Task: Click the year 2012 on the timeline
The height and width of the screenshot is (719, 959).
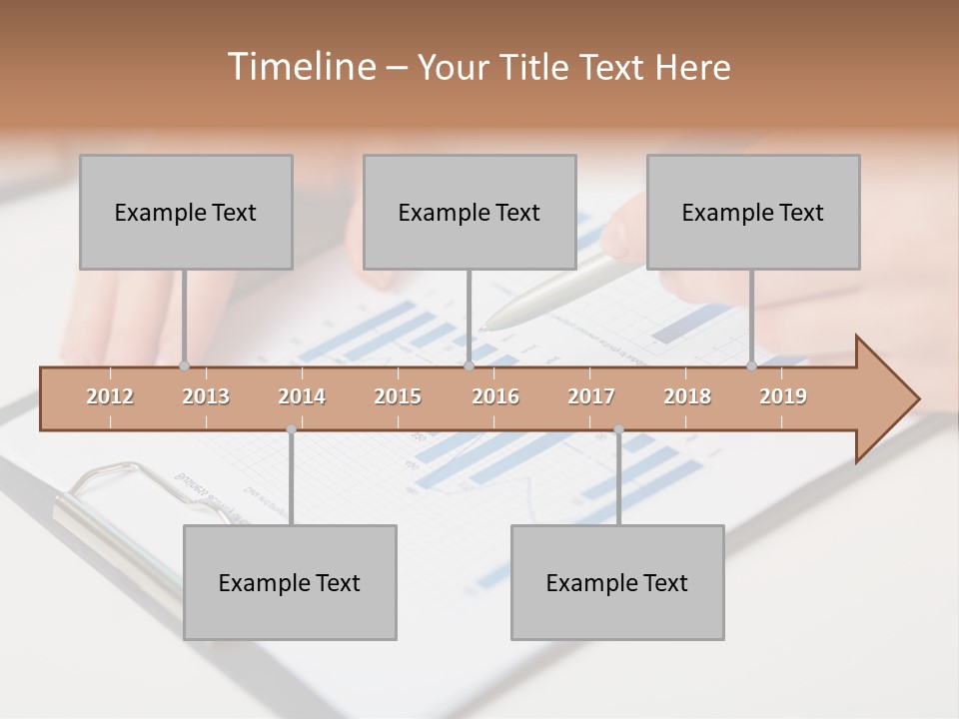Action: pos(110,396)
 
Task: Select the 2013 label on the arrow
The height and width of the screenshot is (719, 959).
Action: pos(206,396)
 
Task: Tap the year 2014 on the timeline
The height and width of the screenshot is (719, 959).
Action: pos(302,396)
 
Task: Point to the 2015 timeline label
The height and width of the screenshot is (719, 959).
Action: pos(398,396)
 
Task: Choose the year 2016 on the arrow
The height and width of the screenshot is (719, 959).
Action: pos(495,396)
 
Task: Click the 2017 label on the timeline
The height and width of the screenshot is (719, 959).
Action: pos(591,396)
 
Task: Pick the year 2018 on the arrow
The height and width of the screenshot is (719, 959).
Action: pos(687,396)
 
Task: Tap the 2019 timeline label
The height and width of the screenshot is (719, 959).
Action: pos(783,396)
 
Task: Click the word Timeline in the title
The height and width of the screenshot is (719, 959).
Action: pos(300,67)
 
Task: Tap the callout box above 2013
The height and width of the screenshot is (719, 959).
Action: pos(186,212)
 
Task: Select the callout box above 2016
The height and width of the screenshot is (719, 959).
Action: pos(470,212)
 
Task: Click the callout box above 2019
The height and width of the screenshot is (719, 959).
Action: pos(753,212)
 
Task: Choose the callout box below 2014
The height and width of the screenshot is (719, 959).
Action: pos(290,582)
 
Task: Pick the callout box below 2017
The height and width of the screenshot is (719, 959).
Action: pos(617,582)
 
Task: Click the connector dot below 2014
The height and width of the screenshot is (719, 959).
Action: pos(291,429)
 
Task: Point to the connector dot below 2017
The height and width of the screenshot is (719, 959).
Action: pos(618,429)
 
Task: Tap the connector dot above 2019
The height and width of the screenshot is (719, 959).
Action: pos(751,365)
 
